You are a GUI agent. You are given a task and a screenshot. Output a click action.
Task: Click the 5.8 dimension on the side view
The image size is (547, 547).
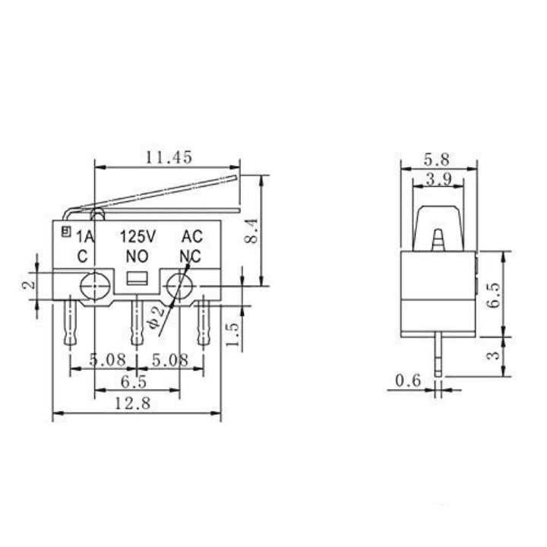[x=437, y=160]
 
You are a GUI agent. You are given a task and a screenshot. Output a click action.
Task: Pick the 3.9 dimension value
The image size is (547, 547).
[x=436, y=180]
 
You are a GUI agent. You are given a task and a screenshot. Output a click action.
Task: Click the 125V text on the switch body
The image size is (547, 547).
[x=139, y=237]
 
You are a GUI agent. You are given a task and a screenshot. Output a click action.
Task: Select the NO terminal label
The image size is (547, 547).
[x=137, y=256]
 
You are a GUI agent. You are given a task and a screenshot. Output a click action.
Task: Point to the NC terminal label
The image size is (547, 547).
[x=190, y=256]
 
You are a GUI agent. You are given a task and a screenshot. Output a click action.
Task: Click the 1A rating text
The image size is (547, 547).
[x=84, y=237]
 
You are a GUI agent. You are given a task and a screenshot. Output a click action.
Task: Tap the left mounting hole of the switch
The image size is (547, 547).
[x=95, y=286]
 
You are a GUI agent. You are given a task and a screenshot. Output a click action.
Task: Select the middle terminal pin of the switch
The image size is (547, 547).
[x=137, y=323]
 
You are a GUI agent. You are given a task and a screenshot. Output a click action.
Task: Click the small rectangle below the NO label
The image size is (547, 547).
[x=137, y=278]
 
